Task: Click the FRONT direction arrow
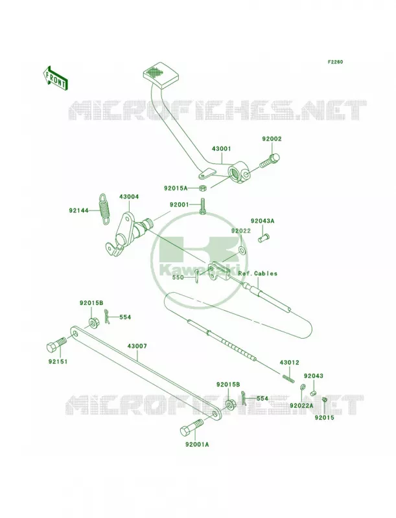click(x=55, y=78)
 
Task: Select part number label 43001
click(x=222, y=149)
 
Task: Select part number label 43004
click(x=129, y=197)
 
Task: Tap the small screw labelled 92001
click(x=202, y=206)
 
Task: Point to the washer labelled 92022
click(x=242, y=250)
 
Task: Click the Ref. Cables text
click(x=258, y=273)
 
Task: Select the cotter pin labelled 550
click(x=196, y=276)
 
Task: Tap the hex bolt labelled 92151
click(x=56, y=346)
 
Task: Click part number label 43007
click(x=137, y=346)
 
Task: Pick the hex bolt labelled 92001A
click(x=191, y=427)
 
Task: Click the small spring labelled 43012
click(x=288, y=378)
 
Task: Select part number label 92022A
click(x=302, y=405)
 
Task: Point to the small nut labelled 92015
click(x=325, y=400)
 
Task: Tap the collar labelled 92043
click(x=312, y=393)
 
